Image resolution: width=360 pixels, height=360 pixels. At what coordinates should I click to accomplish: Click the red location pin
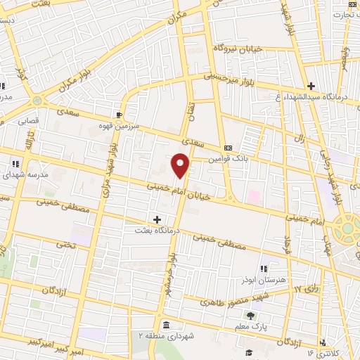coord(181,165)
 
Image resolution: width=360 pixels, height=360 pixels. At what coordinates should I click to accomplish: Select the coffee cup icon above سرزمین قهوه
coord(120,114)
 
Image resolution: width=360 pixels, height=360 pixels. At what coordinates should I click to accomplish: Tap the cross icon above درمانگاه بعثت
coord(157,219)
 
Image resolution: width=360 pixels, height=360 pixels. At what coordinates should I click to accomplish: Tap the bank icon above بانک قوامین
coord(228,148)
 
